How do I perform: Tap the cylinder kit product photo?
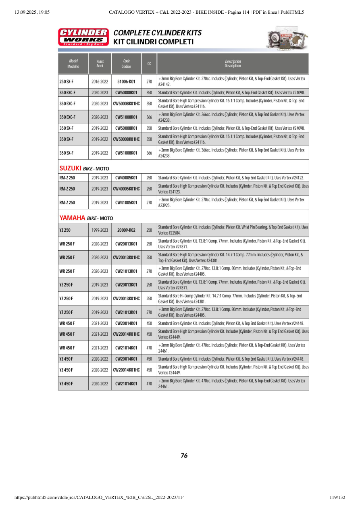coord(287,39)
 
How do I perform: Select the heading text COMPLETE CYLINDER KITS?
coord(158,33)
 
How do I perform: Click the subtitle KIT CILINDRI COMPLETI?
coord(153,42)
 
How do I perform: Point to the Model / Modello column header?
coord(73,63)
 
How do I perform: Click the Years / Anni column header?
coord(100,63)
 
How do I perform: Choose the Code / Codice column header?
coord(126,63)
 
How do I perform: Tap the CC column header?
coord(149,63)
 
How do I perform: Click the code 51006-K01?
coord(126,81)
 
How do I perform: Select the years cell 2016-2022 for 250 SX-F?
coord(100,81)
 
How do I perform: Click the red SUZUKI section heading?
coord(71,168)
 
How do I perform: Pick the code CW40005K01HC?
coord(126,189)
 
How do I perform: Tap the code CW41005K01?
coord(126,202)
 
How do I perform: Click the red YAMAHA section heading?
coord(72,218)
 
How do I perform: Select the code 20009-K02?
coord(126,230)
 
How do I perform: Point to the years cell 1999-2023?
coord(100,230)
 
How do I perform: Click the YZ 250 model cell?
coord(65,230)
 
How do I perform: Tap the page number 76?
coord(184,456)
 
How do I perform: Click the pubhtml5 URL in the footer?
coord(99,497)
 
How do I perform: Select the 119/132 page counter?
coord(337,497)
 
